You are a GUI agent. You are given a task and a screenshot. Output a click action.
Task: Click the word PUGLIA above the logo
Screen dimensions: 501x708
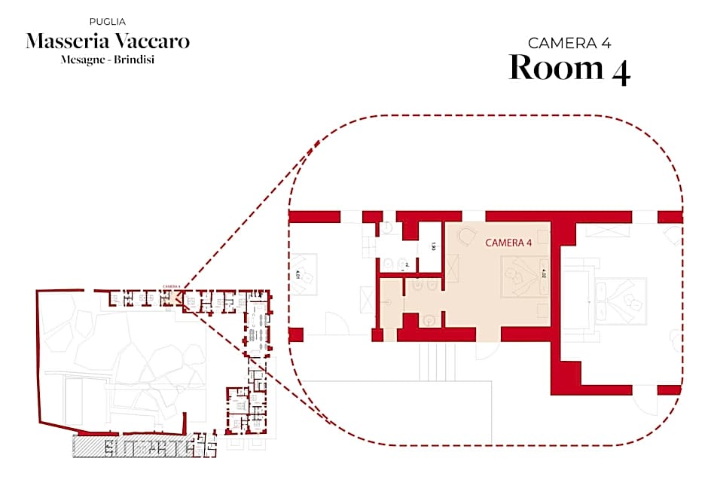[108, 22]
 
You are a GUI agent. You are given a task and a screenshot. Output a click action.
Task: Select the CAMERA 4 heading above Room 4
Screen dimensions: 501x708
[569, 43]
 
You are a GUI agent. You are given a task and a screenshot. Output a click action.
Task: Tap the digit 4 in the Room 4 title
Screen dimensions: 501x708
[619, 69]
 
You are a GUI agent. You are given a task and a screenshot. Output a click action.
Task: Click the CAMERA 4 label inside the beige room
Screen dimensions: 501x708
[508, 243]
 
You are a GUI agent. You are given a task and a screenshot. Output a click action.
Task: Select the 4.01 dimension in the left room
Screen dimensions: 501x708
[298, 275]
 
